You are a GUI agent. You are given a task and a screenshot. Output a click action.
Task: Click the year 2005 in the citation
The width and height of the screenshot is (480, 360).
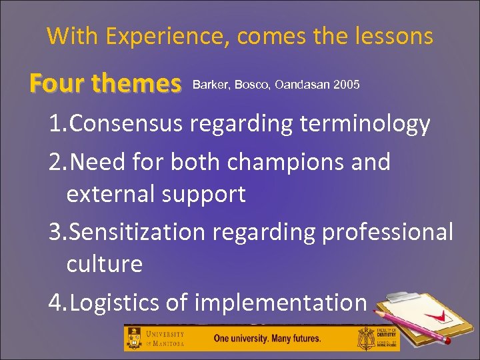pos(347,85)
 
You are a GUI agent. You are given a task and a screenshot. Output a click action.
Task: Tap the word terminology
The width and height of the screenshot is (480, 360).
pos(357,124)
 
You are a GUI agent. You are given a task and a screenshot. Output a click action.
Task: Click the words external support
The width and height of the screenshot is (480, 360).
pos(156,194)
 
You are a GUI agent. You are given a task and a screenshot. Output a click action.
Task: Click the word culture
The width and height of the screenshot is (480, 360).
pos(104,264)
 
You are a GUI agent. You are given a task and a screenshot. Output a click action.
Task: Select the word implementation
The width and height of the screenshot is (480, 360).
pos(281,302)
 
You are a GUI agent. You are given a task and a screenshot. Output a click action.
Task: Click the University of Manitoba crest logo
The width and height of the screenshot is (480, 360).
pos(135,338)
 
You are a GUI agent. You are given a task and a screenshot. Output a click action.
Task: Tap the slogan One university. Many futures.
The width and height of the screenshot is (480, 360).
pos(267,338)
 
